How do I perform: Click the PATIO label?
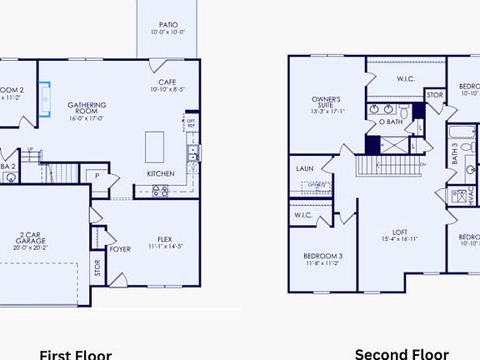click(x=167, y=28)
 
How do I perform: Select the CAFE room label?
click(x=168, y=83)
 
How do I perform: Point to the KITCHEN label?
click(x=160, y=173)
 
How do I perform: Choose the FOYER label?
click(x=120, y=248)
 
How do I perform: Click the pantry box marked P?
click(x=97, y=177)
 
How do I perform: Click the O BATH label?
click(x=391, y=122)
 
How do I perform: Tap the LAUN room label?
click(x=305, y=168)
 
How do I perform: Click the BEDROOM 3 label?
click(x=322, y=258)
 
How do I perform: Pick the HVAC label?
click(x=471, y=195)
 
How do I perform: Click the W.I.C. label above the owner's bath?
click(x=407, y=80)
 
